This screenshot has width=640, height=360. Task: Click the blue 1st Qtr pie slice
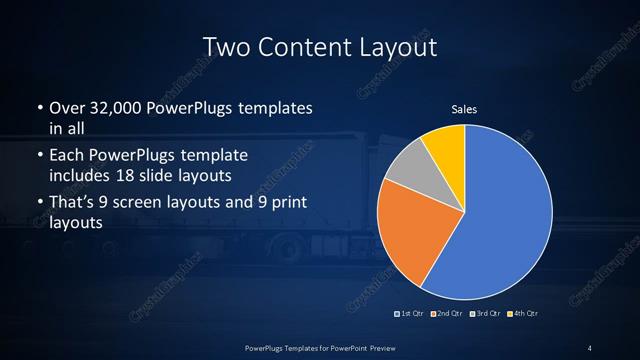(510, 215)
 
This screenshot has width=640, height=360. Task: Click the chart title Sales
(463, 109)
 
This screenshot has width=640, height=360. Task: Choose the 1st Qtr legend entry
(410, 314)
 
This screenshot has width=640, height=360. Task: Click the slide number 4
(590, 347)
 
